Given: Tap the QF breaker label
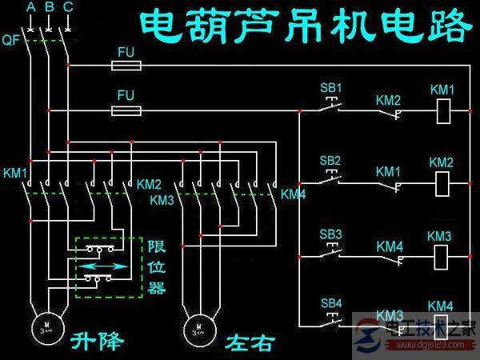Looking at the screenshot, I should (11, 38).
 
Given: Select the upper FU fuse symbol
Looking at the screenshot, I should (126, 65).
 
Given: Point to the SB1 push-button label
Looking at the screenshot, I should (330, 87).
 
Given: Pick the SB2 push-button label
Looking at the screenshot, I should (330, 161).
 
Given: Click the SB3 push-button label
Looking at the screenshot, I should (330, 234).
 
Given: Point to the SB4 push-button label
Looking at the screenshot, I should (330, 303).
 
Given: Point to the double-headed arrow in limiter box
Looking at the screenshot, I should (105, 264).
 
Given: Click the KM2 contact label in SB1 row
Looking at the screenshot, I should (388, 99).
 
